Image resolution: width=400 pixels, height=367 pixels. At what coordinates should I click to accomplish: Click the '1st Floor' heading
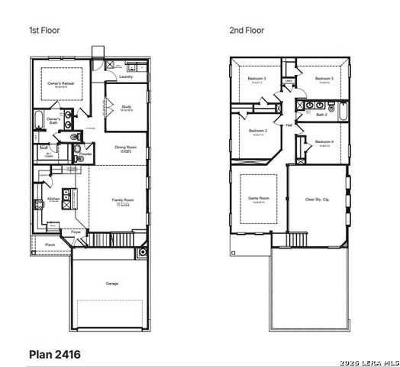point(44,31)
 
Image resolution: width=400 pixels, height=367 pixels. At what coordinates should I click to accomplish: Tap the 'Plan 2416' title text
point(54,354)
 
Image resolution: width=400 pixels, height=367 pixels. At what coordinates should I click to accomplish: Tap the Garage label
point(111,284)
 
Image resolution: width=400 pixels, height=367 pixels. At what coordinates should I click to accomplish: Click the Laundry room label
point(127,76)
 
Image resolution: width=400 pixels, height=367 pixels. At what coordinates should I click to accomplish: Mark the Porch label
point(50,245)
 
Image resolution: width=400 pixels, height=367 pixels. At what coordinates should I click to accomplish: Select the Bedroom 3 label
point(256,78)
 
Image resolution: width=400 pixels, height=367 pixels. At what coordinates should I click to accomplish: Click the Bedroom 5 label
point(324,78)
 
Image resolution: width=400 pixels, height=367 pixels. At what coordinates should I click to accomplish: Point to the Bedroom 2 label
point(257,131)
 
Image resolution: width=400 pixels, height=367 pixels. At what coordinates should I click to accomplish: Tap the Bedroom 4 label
point(324,141)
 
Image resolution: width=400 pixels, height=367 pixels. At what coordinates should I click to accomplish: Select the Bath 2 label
point(321,114)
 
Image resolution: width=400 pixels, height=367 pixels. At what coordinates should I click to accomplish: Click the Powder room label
point(85,154)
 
